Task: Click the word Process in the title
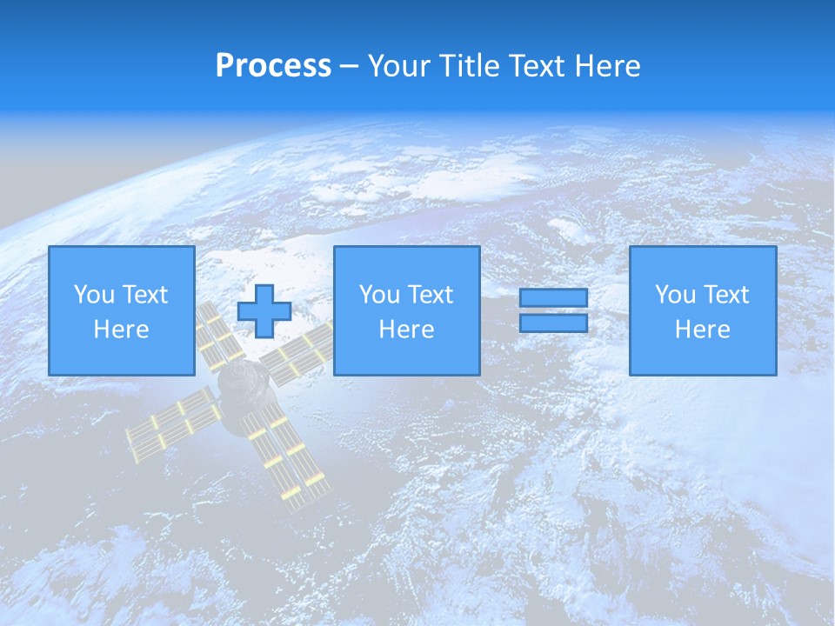click(x=273, y=66)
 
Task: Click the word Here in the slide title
click(x=607, y=66)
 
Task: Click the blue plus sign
click(x=264, y=311)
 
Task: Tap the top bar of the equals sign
click(x=553, y=298)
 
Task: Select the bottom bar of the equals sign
click(x=553, y=323)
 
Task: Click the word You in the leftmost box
click(x=95, y=295)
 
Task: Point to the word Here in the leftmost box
click(x=121, y=330)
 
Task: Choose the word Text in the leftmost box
click(x=144, y=295)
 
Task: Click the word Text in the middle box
click(x=430, y=295)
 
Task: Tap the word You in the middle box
click(x=380, y=295)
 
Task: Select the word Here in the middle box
click(x=406, y=330)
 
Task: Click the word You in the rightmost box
click(x=676, y=295)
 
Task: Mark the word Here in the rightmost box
click(x=702, y=330)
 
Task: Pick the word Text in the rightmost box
click(x=725, y=295)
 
